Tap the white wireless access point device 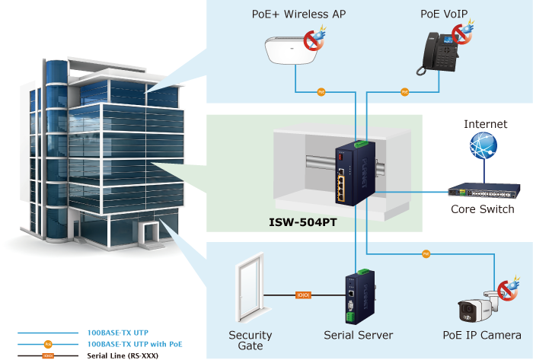tap(292, 52)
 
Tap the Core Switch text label tap(483, 209)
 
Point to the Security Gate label tap(251, 340)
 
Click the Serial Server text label tap(358, 335)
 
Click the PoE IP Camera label tap(482, 335)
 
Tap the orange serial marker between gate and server tap(303, 295)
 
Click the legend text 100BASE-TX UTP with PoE tap(135, 344)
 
